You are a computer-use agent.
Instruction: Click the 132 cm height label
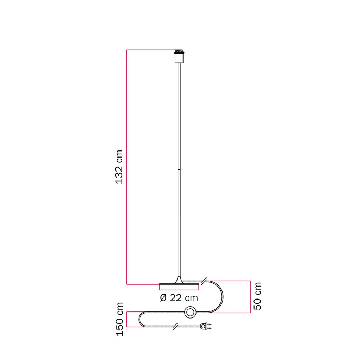(119, 167)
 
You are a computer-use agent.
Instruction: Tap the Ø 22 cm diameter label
(179, 298)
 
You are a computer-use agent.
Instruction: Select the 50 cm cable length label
(257, 296)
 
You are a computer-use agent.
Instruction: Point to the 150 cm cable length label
(120, 319)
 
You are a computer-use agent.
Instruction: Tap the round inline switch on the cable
(190, 312)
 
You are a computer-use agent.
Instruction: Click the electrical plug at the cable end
(206, 326)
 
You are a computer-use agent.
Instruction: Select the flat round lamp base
(179, 284)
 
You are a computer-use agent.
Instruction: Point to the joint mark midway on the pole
(179, 170)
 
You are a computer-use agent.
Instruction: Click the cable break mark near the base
(204, 281)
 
